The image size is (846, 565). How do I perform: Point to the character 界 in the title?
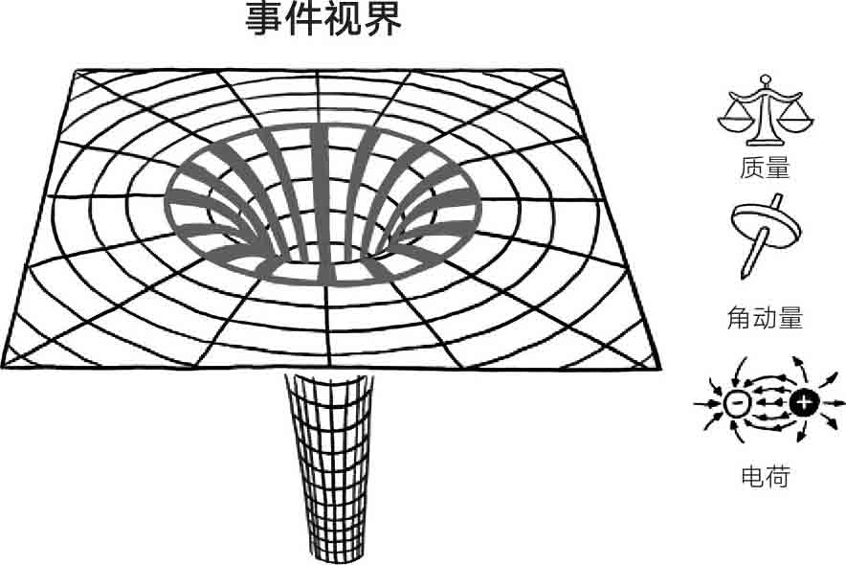pyautogui.click(x=383, y=19)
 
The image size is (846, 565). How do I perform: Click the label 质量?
pyautogui.click(x=765, y=168)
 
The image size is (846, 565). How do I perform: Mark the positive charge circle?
pyautogui.click(x=803, y=402)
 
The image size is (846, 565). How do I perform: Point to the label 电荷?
pyautogui.click(x=766, y=475)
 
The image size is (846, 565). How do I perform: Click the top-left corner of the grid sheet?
pyautogui.click(x=77, y=71)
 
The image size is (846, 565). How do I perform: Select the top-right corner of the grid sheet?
pyautogui.click(x=561, y=71)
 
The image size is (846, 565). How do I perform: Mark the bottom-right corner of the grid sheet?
pyautogui.click(x=659, y=367)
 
